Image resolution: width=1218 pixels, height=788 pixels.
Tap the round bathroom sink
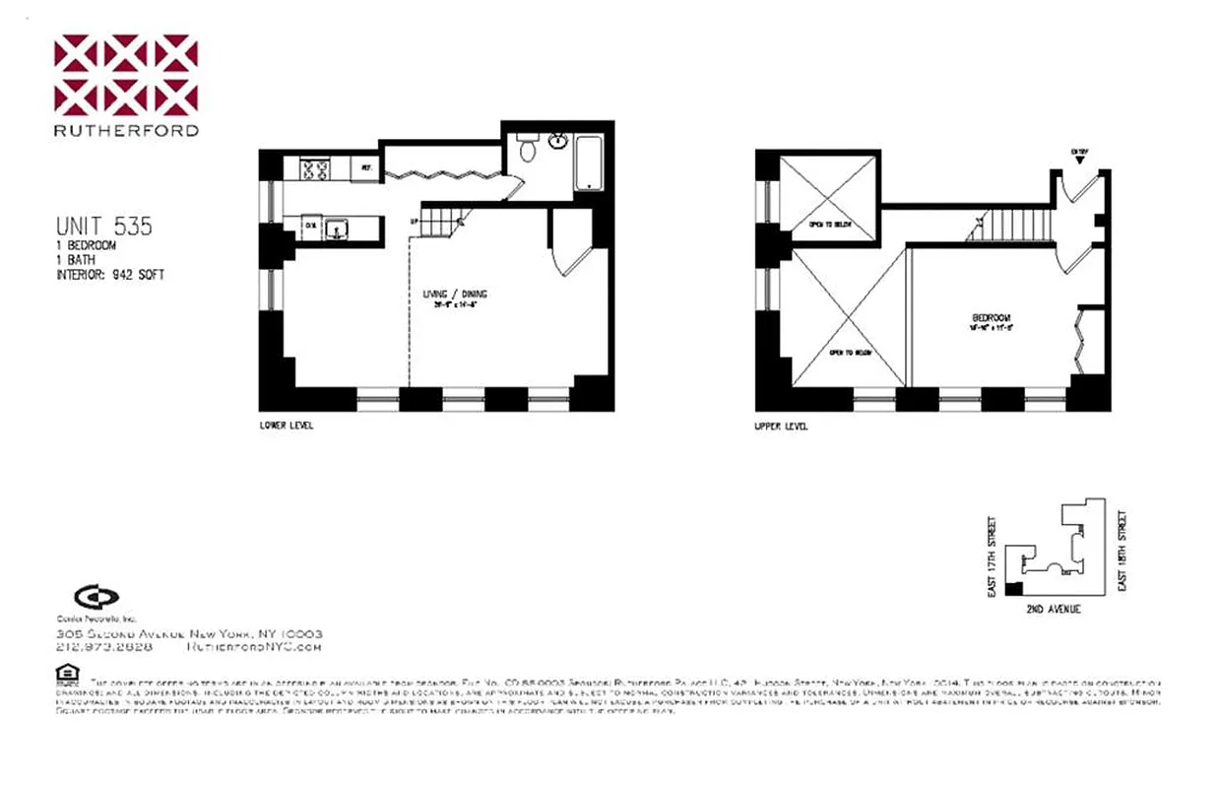556,141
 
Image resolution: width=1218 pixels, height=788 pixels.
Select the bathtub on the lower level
588,164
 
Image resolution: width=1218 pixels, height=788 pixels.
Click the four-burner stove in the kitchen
315,169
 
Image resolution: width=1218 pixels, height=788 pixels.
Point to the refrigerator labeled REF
365,168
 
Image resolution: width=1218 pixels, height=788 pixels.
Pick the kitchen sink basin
338,230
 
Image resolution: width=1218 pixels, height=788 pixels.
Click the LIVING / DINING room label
455,295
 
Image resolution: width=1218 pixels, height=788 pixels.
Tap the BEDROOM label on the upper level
991,317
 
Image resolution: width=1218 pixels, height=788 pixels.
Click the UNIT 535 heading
103,227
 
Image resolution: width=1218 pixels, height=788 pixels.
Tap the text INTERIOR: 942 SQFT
109,275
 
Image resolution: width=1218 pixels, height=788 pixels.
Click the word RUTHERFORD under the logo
126,130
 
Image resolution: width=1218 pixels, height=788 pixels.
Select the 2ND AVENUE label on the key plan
1053,609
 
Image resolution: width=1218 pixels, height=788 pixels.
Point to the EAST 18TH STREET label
1122,550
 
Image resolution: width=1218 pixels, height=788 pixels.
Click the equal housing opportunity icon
67,674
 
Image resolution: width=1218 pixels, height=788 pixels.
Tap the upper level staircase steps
1014,229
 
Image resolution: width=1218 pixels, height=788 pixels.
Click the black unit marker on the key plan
1013,589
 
